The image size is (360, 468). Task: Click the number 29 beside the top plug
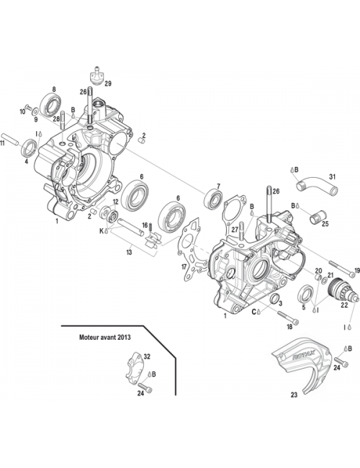tap(109, 84)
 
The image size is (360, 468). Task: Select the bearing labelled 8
tap(51, 106)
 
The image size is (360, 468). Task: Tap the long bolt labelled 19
tap(338, 273)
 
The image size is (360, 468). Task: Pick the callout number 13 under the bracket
tap(130, 253)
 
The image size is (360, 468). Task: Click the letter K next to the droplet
tap(102, 232)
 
